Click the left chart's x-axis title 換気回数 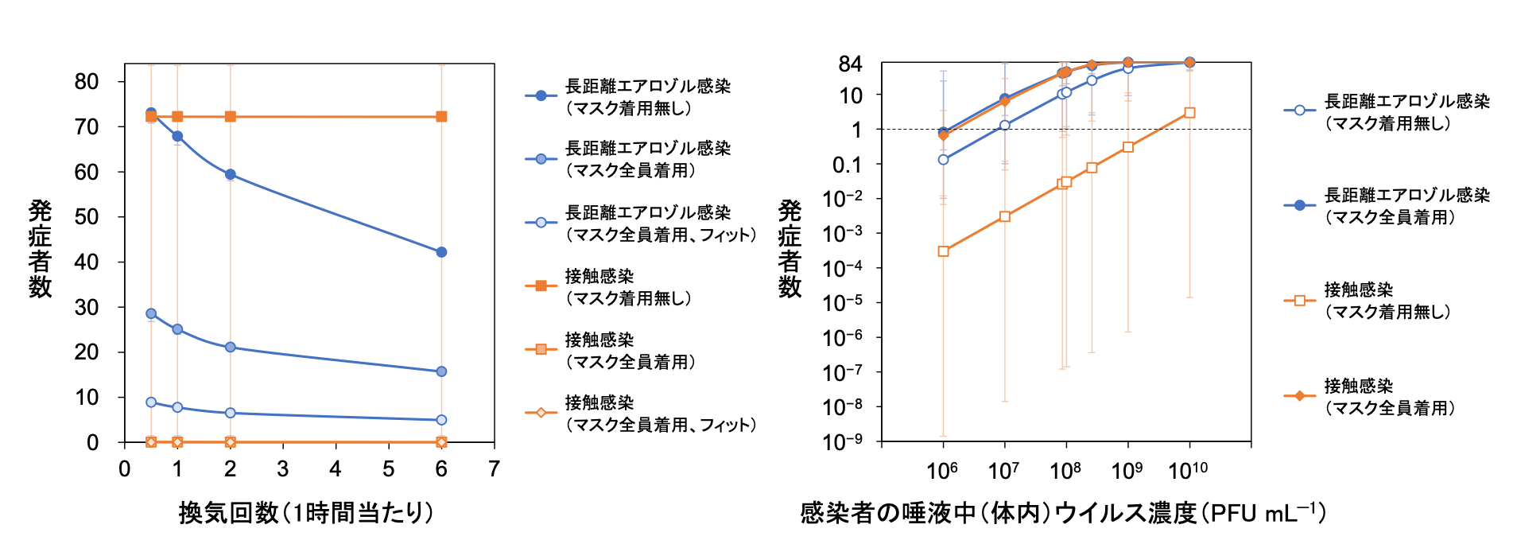(x=306, y=513)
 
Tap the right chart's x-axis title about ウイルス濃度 (x=1062, y=513)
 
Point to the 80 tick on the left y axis (x=87, y=82)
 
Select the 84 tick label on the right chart (x=850, y=64)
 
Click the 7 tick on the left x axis (x=494, y=469)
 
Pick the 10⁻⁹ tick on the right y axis (x=843, y=441)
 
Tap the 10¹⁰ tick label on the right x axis (x=1188, y=471)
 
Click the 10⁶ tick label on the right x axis (x=942, y=471)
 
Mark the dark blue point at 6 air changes (x=441, y=252)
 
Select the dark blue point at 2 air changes (x=230, y=174)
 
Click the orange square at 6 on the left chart (x=441, y=117)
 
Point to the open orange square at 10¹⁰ (x=1189, y=113)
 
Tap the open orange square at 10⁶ (x=943, y=251)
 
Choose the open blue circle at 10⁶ (x=943, y=160)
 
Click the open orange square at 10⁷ (x=1005, y=216)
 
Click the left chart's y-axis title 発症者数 (x=40, y=248)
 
